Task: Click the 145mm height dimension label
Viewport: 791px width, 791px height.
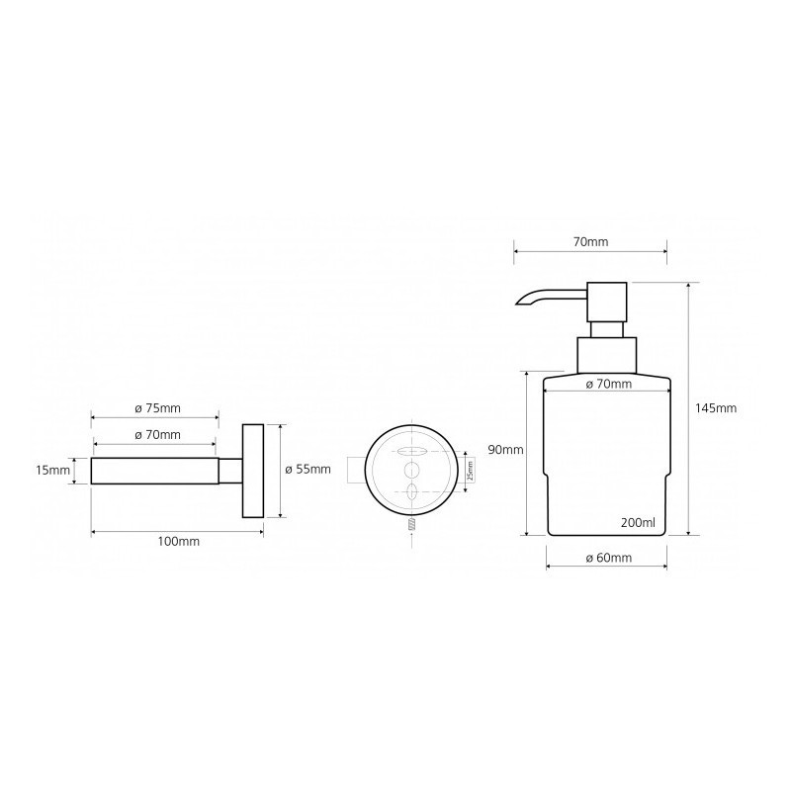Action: pos(715,408)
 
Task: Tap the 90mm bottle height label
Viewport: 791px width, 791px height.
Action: pos(505,450)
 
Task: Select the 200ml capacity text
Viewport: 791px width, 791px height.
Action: pos(638,523)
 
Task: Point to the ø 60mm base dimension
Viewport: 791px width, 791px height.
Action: pos(609,558)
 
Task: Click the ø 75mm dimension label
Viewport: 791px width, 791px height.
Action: pos(157,408)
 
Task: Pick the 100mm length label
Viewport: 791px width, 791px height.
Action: pos(179,541)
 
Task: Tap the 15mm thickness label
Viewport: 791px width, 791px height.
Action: pos(53,471)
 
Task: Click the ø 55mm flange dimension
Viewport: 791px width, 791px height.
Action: pos(308,469)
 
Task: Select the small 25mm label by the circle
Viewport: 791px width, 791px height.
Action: pos(471,470)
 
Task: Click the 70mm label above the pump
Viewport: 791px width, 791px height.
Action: pos(590,241)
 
